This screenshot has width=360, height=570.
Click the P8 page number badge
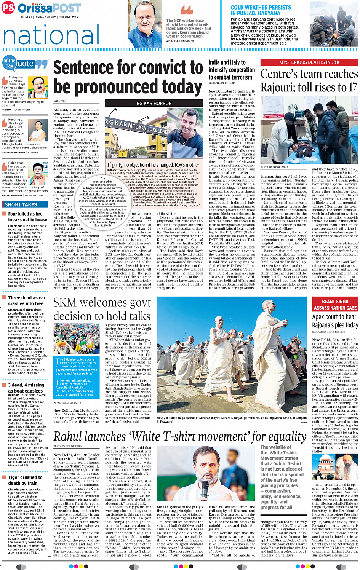pyautogui.click(x=8, y=8)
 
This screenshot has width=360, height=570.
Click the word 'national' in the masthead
pyautogui.click(x=51, y=35)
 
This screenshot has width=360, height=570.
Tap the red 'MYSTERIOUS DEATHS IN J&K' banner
pyautogui.click(x=309, y=62)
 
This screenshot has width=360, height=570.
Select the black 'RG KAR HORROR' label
pyautogui.click(x=154, y=103)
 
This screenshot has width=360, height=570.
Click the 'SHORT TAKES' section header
pyautogui.click(x=21, y=204)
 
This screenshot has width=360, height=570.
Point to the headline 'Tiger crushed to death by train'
pyautogui.click(x=25, y=480)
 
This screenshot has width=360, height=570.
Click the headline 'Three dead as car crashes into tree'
pyautogui.click(x=27, y=300)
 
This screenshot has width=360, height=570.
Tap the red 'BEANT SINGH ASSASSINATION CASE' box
pyautogui.click(x=335, y=305)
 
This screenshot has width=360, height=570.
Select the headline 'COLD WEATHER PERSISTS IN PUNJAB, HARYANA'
pyautogui.click(x=261, y=10)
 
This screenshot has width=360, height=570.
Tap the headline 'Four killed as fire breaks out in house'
pyautogui.click(x=27, y=217)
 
